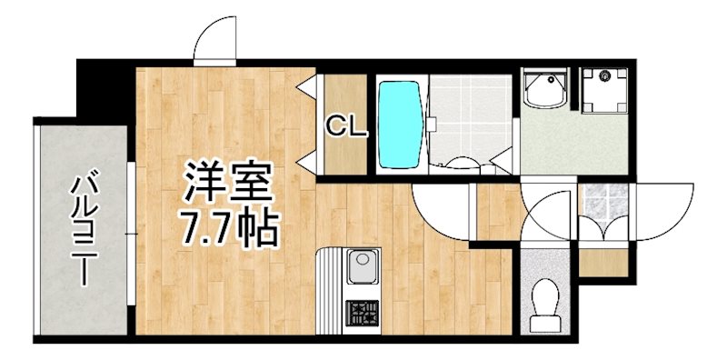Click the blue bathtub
click(398, 125)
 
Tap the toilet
click(546, 301)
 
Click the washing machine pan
click(602, 91)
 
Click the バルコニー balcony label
click(84, 227)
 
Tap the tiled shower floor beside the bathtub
click(469, 118)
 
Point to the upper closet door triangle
click(307, 88)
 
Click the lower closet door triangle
click(307, 161)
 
